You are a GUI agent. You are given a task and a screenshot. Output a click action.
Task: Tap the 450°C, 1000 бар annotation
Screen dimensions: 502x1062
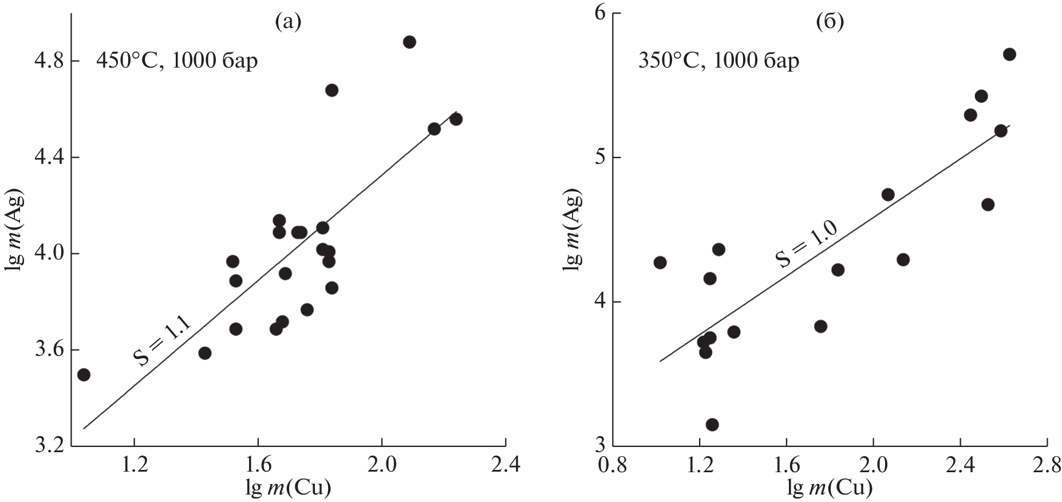tap(177, 60)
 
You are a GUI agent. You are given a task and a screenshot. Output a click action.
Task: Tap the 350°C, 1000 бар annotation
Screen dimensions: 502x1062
tap(718, 60)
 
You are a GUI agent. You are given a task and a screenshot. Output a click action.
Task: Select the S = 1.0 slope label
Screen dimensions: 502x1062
tap(807, 244)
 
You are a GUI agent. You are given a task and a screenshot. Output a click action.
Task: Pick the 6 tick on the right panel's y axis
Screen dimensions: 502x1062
tap(599, 14)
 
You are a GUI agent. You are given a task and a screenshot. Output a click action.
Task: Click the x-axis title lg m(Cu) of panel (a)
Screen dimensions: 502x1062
tap(288, 488)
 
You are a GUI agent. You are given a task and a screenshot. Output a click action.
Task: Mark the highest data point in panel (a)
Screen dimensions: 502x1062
tap(409, 42)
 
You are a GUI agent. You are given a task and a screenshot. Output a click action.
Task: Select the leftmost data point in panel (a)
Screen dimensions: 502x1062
tap(84, 375)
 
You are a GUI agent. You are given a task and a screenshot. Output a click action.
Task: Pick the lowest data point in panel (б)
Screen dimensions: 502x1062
tap(712, 425)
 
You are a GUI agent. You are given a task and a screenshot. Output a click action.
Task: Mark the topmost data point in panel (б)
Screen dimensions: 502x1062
tap(1009, 54)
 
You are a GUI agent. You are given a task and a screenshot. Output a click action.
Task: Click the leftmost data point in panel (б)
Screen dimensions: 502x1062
tap(660, 262)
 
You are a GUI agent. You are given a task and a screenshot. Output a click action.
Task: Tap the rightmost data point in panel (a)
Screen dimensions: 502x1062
tap(456, 119)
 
